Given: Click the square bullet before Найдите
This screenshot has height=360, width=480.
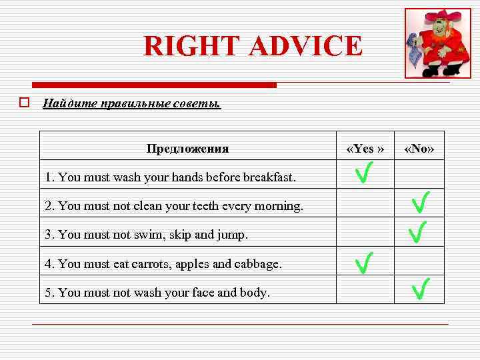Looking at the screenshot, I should (24, 103).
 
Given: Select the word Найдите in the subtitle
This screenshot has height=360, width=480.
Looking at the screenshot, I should (68, 103).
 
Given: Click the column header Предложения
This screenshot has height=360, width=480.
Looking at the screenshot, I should (187, 149).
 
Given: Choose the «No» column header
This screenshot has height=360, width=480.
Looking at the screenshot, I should (419, 149).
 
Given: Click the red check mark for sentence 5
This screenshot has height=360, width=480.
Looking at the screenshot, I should (419, 289).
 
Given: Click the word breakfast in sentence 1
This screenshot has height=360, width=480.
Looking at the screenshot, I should (269, 177).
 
